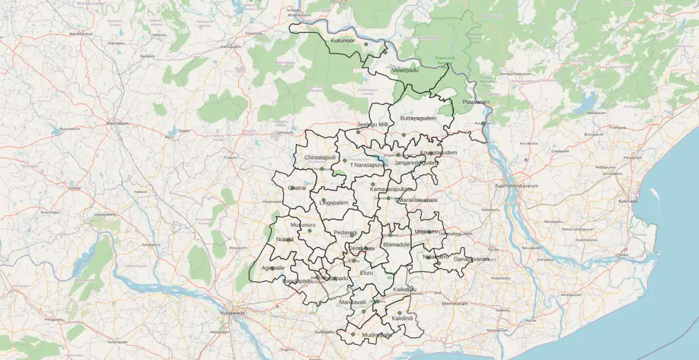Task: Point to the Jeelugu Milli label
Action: [x=372, y=125]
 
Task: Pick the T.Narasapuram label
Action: [x=369, y=165]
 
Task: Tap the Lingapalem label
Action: [x=333, y=202]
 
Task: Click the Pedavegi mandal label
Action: [x=345, y=232]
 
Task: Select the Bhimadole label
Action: [x=397, y=245]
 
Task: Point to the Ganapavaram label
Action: [x=471, y=259]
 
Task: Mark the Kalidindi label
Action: [x=402, y=319]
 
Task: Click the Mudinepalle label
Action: [x=377, y=335]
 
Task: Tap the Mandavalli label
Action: [x=352, y=302]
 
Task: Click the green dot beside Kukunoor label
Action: [x=366, y=44]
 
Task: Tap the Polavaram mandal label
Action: [x=476, y=102]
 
